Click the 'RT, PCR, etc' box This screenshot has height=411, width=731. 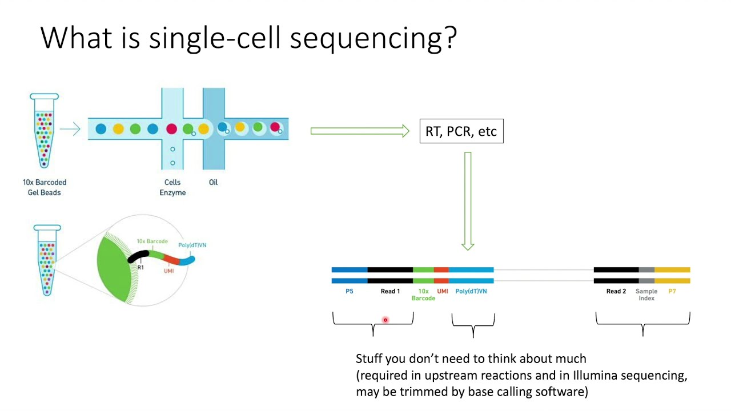point(461,131)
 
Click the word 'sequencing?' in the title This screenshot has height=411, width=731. point(373,38)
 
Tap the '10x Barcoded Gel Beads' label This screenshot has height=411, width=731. point(45,187)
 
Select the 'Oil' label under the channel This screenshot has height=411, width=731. point(213,183)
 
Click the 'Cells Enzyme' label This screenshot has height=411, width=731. point(172,187)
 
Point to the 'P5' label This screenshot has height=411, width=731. point(350,292)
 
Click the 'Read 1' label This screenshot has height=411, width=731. point(390,292)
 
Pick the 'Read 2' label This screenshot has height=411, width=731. point(616,292)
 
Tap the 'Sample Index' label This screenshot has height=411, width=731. point(646,295)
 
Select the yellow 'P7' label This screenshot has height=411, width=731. point(672,292)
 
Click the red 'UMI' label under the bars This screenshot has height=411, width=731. point(443,292)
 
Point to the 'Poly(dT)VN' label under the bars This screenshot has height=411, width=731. point(471,292)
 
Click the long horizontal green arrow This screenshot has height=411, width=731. point(360,131)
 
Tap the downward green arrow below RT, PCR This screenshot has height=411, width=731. point(468,200)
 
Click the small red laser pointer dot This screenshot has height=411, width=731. point(385,320)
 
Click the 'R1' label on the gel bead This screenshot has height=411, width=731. point(140,267)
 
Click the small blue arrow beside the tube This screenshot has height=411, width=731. point(70,130)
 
